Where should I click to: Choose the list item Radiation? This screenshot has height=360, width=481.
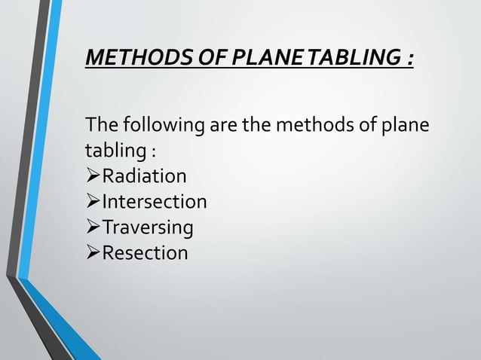pyautogui.click(x=145, y=176)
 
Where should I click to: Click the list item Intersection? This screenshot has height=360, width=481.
pyautogui.click(x=155, y=202)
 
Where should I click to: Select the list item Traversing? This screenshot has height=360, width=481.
pyautogui.click(x=148, y=227)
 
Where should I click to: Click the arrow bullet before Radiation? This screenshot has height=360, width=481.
pyautogui.click(x=94, y=176)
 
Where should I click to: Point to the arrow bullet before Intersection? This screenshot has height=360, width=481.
pyautogui.click(x=94, y=202)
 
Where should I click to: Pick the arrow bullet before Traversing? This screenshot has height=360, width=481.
pyautogui.click(x=94, y=227)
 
